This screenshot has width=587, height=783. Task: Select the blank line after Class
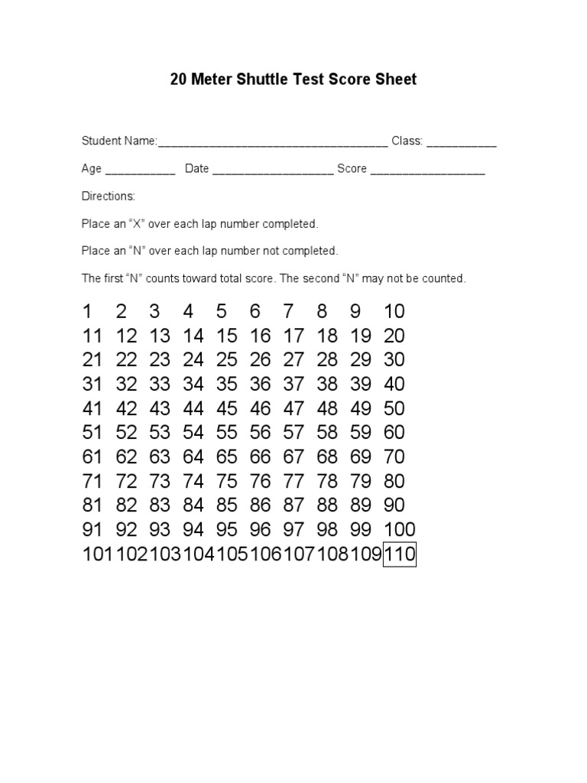(461, 142)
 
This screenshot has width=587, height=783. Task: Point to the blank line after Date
(272, 170)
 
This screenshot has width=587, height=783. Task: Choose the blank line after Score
(427, 170)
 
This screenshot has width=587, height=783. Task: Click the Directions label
(109, 197)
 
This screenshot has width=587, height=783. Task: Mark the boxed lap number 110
(400, 554)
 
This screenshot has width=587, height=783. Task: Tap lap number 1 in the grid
(87, 311)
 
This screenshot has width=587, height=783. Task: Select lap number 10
(394, 311)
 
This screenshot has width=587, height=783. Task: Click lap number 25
(227, 359)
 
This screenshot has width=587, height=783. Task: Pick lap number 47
(293, 408)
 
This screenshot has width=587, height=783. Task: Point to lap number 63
(160, 457)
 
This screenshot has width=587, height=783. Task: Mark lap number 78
(327, 482)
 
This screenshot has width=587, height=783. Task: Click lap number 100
(400, 530)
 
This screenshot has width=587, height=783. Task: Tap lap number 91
(92, 530)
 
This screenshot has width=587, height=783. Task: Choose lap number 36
(261, 384)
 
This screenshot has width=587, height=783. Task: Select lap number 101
(98, 554)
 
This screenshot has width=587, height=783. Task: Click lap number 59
(361, 433)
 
